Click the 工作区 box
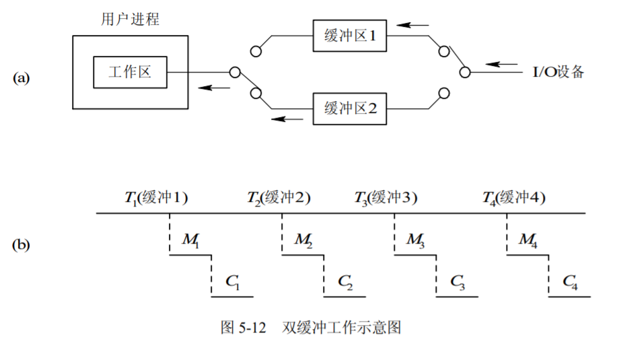tap(130, 72)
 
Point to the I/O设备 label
tap(558, 72)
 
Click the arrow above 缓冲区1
tap(412, 25)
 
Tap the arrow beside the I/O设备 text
tap(503, 65)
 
